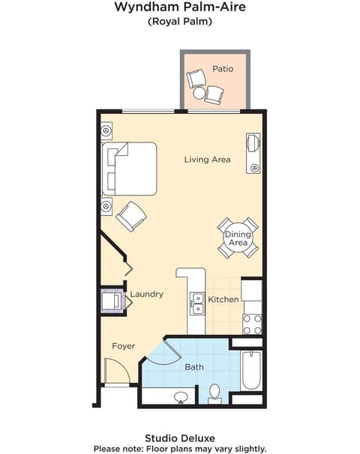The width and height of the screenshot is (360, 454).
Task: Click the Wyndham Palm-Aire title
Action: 179,7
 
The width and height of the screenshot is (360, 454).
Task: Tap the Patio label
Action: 222,69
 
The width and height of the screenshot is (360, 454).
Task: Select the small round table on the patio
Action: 199,94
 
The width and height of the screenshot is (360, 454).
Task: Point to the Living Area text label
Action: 207,160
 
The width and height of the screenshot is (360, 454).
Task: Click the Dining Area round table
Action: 238,238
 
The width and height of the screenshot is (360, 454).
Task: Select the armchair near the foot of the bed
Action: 130,216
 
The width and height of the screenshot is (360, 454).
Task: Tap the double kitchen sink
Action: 197,303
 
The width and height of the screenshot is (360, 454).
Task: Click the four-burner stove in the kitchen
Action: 252,324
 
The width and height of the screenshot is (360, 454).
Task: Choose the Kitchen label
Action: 223,300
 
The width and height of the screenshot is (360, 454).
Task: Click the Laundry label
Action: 146,294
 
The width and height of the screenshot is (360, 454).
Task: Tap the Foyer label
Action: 124,346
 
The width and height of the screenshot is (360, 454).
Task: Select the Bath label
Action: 194,367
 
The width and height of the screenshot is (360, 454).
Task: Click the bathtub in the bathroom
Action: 252,370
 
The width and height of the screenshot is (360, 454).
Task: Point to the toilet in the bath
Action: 214,393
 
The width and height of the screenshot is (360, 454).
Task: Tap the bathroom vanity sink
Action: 180,396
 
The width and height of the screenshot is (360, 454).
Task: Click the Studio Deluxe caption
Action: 179,437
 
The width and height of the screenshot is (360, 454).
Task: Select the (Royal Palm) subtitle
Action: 179,22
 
